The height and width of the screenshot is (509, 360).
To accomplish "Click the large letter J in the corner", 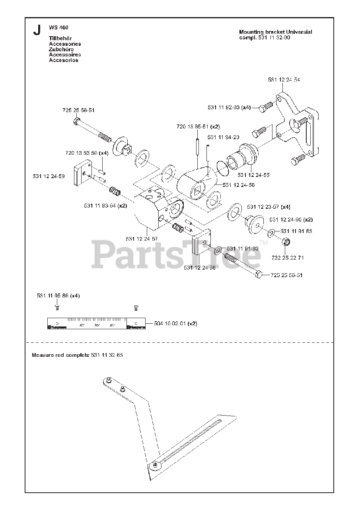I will click(37, 30).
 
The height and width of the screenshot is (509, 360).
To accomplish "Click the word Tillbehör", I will click(60, 38).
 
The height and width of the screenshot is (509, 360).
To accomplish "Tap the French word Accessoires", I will click(65, 55).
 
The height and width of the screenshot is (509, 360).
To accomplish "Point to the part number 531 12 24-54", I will click(284, 80).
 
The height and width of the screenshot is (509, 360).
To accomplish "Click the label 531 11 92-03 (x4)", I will click(229, 107).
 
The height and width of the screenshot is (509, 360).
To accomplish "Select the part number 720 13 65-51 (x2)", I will click(198, 126).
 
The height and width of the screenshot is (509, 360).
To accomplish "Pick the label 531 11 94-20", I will click(223, 137).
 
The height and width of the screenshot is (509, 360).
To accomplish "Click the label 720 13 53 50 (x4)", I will click(87, 153).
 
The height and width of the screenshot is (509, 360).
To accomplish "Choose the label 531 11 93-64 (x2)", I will click(105, 206).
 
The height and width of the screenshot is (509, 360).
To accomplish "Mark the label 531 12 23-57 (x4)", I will click(269, 207).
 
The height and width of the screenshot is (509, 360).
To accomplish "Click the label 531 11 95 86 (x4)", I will click(58, 296).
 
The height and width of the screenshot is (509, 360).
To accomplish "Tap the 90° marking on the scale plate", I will click(97, 325).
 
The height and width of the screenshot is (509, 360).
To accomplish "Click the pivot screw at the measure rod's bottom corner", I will click(154, 464).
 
